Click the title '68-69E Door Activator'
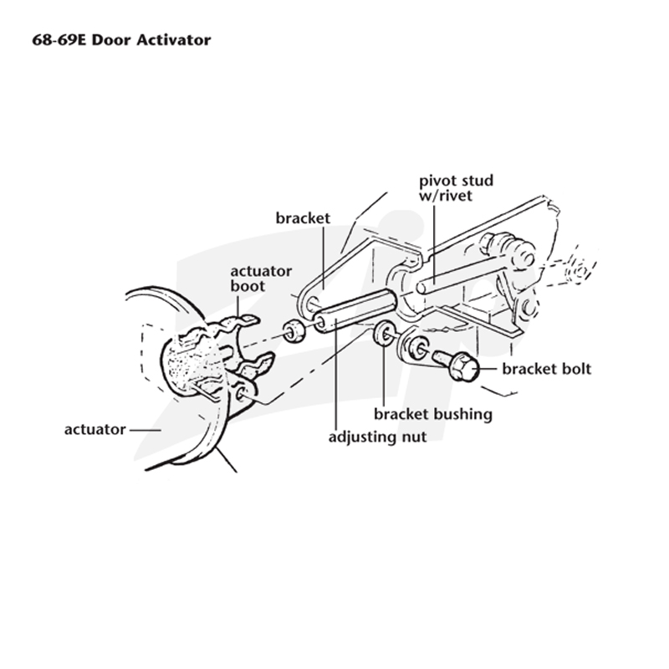point(121,40)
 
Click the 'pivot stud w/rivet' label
point(456,187)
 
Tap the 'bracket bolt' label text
point(547,369)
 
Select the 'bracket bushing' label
point(433,414)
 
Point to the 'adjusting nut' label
point(378,437)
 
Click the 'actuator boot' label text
point(261,278)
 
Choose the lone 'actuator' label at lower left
point(94,429)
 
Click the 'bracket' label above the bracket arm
point(303,218)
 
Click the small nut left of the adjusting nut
point(294,331)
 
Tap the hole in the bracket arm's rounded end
point(313,303)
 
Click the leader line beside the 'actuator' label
point(145,430)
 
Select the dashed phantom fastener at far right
point(579,267)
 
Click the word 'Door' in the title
point(112,40)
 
